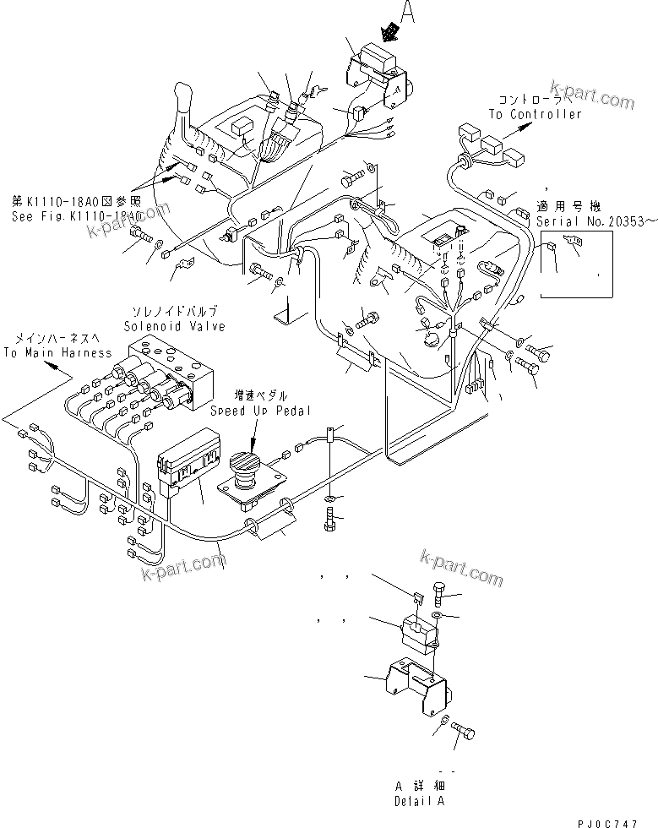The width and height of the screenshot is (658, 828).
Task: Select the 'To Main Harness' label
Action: point(57,352)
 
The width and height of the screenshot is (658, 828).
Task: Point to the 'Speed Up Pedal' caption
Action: point(261,411)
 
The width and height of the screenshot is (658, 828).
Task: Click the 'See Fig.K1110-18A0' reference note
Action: point(75,215)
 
